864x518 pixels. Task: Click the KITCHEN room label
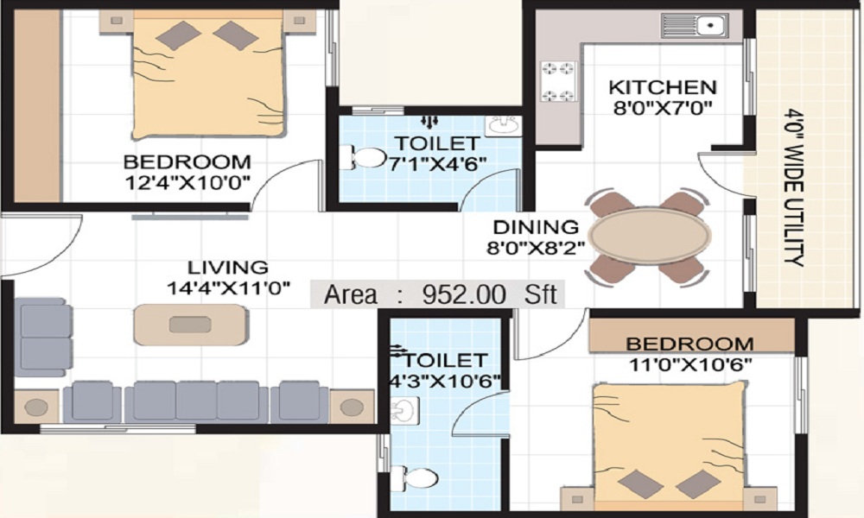[x=663, y=87]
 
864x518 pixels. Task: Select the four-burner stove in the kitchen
[x=558, y=82]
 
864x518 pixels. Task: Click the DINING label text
[x=536, y=227]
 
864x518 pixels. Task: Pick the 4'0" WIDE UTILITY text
[x=795, y=186]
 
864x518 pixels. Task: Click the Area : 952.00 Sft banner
[x=441, y=294]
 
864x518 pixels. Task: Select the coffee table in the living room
[x=188, y=325]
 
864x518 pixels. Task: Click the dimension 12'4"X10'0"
[x=187, y=182]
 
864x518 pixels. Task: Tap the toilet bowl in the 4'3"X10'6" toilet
[x=410, y=477]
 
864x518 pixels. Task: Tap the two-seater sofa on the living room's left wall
[x=42, y=337]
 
